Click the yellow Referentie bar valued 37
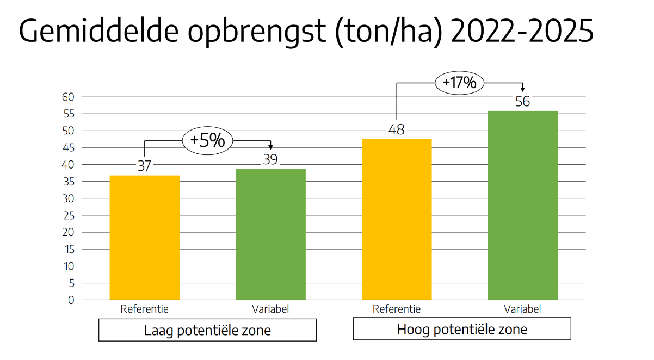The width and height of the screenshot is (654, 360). pos(144,238)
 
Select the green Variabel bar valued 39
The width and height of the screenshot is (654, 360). pos(270,234)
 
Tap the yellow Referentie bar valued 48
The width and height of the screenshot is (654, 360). pos(397,219)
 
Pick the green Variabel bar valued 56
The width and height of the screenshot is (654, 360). pos(522,206)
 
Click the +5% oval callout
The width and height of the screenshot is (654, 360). pos(207,140)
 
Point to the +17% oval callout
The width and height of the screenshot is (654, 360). pos(459,83)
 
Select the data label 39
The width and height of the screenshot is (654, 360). pos(270,159)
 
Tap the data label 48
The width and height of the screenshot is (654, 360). pos(397,130)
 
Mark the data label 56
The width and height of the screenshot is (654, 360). pos(522,102)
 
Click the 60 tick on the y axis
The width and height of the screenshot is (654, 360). pos(67,97)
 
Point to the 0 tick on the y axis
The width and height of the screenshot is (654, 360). pos(71,300)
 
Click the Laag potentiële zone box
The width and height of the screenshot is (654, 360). pos(207,330)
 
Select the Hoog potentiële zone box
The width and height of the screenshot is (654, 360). pos(462,329)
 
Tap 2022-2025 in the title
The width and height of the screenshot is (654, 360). pos(522,32)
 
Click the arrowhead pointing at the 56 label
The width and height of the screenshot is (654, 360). pos(522,90)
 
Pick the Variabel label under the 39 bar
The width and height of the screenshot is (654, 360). pos(270,309)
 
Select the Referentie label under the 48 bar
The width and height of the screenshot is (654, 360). pos(397,309)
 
